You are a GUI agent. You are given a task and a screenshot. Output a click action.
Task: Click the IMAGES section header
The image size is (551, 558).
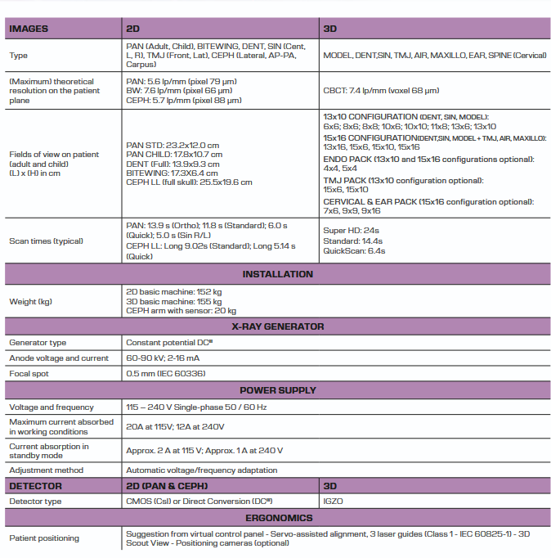point(29,29)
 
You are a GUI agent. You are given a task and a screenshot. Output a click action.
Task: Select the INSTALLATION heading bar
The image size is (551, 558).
point(277,274)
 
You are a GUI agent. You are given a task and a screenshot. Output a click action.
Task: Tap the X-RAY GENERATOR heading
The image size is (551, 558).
point(277,326)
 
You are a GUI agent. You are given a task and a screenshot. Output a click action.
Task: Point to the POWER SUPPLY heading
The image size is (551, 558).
point(277,390)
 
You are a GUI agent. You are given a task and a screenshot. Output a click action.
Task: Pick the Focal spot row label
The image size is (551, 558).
point(32,374)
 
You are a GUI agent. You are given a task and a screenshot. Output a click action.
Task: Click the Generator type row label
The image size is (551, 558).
point(38,343)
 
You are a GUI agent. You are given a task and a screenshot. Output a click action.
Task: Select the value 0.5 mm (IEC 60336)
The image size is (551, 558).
point(166,374)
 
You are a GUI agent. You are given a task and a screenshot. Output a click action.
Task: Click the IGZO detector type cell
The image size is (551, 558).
point(334,502)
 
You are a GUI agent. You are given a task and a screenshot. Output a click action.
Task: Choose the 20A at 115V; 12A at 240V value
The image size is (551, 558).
point(175,427)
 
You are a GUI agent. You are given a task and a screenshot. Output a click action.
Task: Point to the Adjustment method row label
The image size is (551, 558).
point(46,470)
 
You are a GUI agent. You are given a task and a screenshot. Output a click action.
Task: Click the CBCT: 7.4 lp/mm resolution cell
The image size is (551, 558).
point(381,91)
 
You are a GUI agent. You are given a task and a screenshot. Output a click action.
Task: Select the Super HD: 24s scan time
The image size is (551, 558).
point(351,232)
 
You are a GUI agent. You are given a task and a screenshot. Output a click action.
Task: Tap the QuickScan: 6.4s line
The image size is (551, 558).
point(354,251)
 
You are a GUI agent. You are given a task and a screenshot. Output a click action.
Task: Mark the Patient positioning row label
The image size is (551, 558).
point(44,538)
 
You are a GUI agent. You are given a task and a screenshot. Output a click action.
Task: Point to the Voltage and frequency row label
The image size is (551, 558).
point(51,407)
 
